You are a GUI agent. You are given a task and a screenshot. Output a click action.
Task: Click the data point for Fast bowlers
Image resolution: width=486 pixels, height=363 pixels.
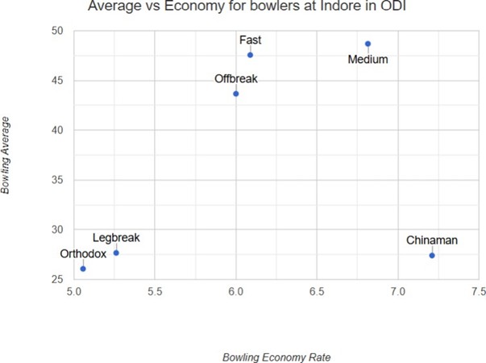[250, 55]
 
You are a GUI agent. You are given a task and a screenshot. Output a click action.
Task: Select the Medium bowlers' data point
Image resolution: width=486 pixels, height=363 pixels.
[368, 44]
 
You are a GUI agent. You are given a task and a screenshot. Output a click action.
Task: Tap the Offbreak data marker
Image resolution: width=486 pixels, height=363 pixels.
[236, 94]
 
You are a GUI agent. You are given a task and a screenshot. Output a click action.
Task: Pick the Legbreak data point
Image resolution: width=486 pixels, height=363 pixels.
[116, 252]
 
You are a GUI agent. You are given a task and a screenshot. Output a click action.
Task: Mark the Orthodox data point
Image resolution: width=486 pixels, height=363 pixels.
[83, 269]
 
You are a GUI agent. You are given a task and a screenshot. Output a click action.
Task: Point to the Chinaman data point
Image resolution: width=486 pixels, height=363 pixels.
[432, 255]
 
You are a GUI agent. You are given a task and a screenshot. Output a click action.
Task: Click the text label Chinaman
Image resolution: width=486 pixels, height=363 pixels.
[432, 240]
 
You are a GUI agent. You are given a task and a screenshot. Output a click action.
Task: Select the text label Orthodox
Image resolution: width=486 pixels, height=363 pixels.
[84, 253]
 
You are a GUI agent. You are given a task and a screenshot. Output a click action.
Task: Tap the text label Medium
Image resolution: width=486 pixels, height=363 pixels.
[368, 59]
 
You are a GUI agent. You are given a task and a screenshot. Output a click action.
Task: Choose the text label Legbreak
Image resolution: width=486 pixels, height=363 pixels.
[116, 237]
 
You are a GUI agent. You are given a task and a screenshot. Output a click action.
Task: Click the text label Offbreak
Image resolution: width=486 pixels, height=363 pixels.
[236, 78]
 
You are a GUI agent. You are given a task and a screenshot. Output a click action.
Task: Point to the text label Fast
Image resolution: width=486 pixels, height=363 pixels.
[250, 40]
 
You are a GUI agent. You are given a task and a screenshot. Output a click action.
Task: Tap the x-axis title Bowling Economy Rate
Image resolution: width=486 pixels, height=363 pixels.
[276, 356]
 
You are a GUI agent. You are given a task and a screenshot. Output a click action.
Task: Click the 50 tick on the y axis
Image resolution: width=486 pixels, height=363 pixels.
[56, 31]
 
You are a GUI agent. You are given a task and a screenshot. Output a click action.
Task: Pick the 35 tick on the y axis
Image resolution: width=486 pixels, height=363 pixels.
[56, 180]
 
